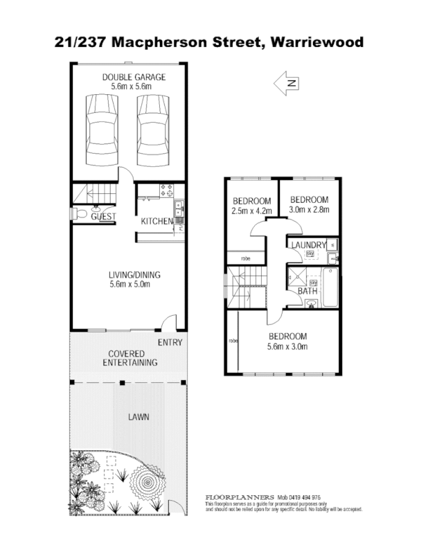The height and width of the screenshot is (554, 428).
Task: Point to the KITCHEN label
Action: tap(157, 221)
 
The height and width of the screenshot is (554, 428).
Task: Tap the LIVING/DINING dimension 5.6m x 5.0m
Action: tap(130, 283)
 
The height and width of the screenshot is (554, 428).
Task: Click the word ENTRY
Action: tap(170, 343)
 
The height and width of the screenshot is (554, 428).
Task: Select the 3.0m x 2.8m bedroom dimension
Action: tap(309, 210)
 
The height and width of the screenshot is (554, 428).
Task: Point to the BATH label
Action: tap(307, 291)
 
